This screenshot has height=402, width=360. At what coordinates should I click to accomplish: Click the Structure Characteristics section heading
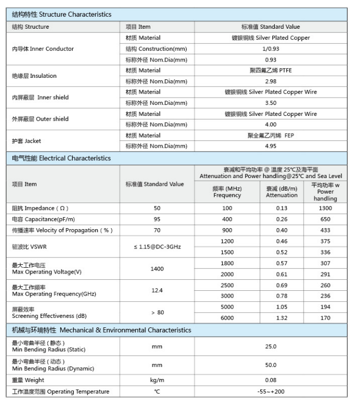tap(62, 15)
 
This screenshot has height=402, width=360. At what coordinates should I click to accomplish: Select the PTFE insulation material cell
tap(271, 70)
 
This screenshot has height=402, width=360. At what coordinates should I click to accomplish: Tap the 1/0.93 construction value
tap(271, 49)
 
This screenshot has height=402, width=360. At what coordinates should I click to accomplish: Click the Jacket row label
tap(27, 141)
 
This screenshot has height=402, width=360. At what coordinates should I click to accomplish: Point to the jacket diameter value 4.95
tap(271, 146)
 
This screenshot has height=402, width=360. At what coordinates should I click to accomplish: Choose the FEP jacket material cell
tap(271, 135)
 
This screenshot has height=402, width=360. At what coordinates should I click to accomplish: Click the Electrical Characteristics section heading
tap(62, 158)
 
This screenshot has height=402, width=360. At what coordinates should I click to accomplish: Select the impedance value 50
tap(157, 208)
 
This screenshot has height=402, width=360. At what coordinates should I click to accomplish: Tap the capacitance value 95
tap(157, 219)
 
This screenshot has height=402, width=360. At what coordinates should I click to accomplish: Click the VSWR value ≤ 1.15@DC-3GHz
tap(157, 246)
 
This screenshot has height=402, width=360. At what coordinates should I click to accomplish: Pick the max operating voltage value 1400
tap(157, 269)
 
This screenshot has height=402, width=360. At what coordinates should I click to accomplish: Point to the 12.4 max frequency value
tap(157, 290)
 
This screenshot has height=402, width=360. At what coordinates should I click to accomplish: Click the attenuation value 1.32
tap(282, 318)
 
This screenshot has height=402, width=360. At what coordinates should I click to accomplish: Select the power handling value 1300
tap(326, 208)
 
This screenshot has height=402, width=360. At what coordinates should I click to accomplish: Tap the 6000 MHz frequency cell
tap(227, 318)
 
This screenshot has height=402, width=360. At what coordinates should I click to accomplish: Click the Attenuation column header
tap(282, 192)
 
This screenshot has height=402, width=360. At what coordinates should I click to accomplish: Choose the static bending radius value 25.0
tap(271, 347)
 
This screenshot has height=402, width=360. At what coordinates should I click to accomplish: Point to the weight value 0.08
tap(271, 380)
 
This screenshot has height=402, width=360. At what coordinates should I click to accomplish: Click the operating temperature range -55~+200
tap(271, 392)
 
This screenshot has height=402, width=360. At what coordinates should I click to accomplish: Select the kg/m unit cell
tap(157, 380)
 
